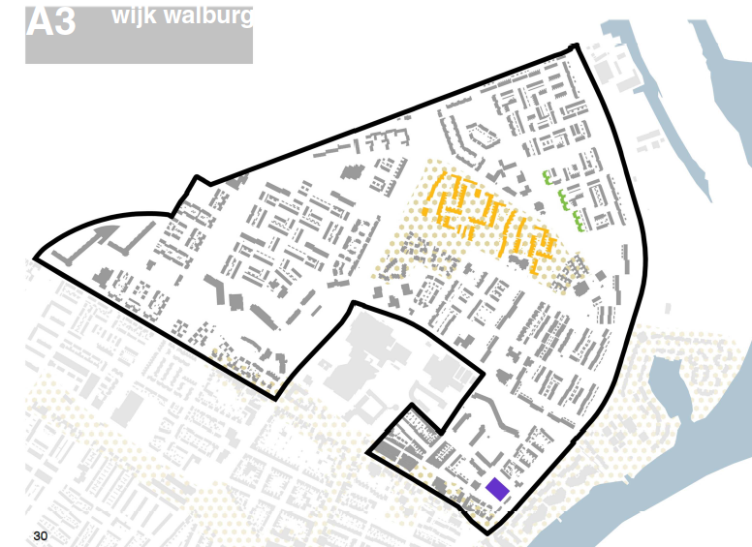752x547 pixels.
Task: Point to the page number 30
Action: tap(40, 535)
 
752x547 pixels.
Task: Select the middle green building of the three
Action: tap(563, 201)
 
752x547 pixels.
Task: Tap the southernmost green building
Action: tap(579, 222)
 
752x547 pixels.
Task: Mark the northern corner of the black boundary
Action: tap(577, 46)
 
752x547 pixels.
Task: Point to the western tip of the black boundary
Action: tap(36, 258)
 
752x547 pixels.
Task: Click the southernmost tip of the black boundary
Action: tap(484, 532)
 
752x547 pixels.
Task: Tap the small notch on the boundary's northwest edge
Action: tap(199, 180)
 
